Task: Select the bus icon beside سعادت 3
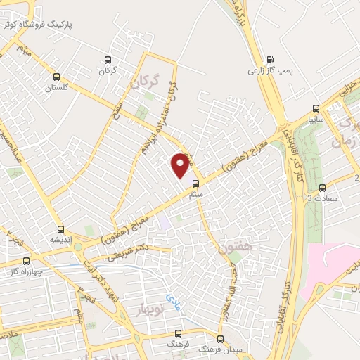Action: (323, 187)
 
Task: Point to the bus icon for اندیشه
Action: (61, 229)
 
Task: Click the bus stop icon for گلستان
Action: (56, 77)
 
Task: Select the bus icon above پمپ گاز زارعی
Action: (271, 59)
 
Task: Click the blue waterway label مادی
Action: (172, 302)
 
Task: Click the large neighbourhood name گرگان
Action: (145, 84)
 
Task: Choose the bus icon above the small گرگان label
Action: (108, 60)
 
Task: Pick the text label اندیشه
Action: (61, 240)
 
